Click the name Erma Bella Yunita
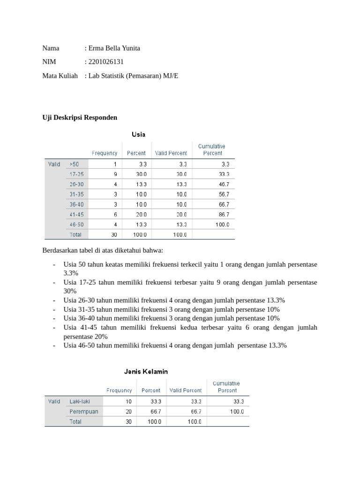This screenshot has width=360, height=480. coord(114,48)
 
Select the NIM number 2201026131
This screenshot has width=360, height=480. coord(106,62)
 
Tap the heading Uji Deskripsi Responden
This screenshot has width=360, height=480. coord(80,117)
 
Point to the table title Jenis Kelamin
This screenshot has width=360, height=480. coord(146,371)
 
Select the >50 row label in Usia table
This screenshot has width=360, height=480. coord(74,164)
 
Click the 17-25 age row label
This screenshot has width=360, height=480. coord(76,174)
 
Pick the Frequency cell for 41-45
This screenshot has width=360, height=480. coord(115,214)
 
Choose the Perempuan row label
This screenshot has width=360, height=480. coord(84,412)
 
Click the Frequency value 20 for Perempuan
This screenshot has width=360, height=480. coord(128,412)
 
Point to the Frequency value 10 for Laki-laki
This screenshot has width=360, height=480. coord(128,401)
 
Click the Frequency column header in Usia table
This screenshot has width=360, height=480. coord(105,153)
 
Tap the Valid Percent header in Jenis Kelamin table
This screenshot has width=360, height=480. coord(186,390)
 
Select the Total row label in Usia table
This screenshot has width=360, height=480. coord(75,234)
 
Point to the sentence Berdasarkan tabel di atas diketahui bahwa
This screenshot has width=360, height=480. coord(103,251)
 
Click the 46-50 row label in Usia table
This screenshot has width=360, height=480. coord(76,225)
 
